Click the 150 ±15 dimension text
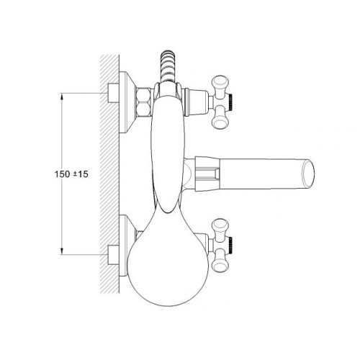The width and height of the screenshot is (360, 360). click(71, 174)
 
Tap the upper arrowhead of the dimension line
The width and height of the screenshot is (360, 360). click(62, 96)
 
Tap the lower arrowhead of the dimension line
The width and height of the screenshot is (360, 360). click(62, 251)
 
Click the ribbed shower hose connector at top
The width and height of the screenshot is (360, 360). click(168, 66)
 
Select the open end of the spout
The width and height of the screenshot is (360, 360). click(308, 174)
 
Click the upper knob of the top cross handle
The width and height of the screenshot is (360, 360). click(221, 85)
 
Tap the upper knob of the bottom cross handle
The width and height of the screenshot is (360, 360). click(221, 228)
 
